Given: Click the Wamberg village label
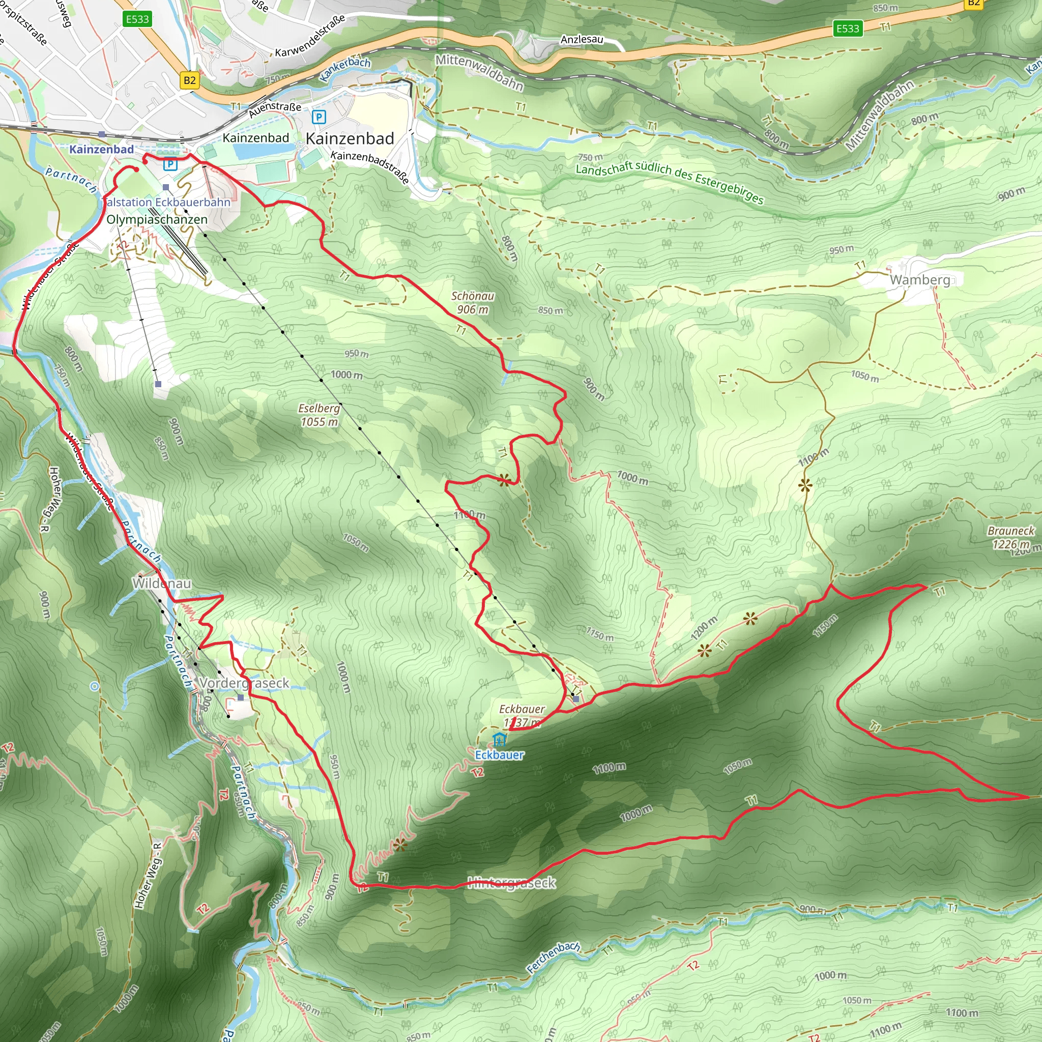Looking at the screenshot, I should [x=919, y=279].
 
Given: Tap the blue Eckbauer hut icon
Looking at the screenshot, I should [x=500, y=739].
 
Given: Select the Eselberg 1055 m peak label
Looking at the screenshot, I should [x=320, y=415].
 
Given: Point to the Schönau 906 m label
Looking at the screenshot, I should [x=473, y=303].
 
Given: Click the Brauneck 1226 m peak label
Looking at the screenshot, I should [x=1011, y=537].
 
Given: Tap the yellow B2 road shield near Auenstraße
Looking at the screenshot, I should [x=189, y=80].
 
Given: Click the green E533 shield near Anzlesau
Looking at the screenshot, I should [x=847, y=28].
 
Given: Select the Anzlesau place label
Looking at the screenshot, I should [x=582, y=39].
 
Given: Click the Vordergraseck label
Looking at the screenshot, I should [x=244, y=683].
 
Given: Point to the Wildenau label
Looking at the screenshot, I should [x=162, y=583].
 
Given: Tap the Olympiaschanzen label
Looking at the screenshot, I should [x=157, y=219].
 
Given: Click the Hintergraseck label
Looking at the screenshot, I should [x=511, y=883].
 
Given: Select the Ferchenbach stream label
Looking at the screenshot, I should [x=554, y=958].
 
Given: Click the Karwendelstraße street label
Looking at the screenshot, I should [x=310, y=37].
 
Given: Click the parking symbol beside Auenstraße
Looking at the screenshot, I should [x=319, y=117].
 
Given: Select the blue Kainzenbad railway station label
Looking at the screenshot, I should [x=101, y=150].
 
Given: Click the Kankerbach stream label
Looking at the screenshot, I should [x=345, y=70].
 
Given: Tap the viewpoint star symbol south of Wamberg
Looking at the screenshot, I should [x=805, y=485].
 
